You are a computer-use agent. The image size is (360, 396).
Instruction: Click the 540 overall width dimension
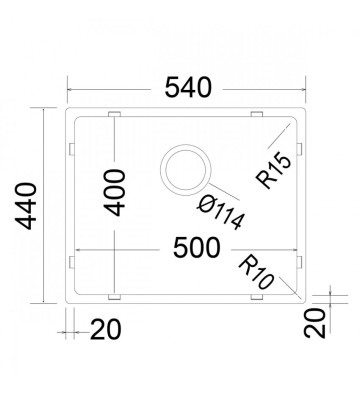pyautogui.click(x=188, y=88)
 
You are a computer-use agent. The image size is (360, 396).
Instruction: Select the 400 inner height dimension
pyautogui.click(x=114, y=193)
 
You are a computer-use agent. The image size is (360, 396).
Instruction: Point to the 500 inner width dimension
pyautogui.click(x=197, y=248)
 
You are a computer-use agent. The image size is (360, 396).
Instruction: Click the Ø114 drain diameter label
pyautogui.click(x=222, y=212)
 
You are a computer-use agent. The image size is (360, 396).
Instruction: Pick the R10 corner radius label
pyautogui.click(x=256, y=272)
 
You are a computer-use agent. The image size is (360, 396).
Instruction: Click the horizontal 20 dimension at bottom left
pyautogui.click(x=105, y=330)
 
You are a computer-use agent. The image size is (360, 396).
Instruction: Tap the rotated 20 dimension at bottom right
pyautogui.click(x=315, y=323)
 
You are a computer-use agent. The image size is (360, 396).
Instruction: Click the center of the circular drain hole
pyautogui.click(x=186, y=170)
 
